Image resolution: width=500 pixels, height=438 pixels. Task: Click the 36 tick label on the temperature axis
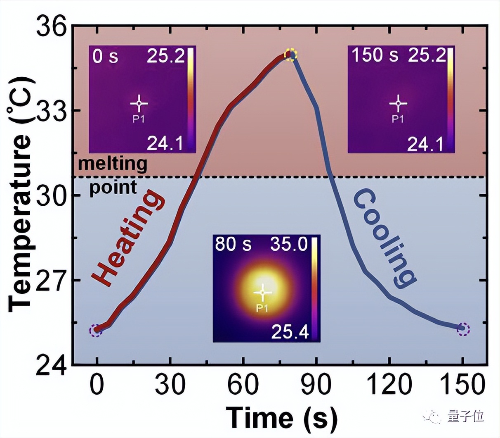click(52, 27)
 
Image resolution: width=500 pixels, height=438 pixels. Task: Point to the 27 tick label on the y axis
click(52, 280)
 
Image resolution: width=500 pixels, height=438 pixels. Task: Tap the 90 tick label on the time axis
click(316, 385)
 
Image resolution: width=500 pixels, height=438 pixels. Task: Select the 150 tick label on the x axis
click(462, 385)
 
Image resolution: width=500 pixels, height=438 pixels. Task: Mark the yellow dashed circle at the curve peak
click(291, 55)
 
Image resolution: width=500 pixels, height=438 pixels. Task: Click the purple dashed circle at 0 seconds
click(96, 330)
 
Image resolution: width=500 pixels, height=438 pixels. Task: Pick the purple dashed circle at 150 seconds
click(463, 329)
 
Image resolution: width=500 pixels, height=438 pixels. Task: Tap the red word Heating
click(128, 238)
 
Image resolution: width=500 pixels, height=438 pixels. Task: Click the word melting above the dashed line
click(113, 164)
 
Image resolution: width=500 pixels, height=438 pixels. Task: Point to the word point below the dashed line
click(113, 188)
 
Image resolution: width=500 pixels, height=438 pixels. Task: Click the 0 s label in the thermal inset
click(105, 56)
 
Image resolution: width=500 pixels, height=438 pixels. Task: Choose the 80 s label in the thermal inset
click(233, 245)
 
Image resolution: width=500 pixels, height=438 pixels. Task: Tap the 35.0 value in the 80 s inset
click(289, 245)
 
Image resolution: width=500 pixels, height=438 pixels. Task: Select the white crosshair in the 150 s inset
click(398, 103)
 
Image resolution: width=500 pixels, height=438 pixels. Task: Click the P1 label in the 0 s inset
click(139, 119)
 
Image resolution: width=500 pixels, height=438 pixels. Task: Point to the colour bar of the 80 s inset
click(314, 288)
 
